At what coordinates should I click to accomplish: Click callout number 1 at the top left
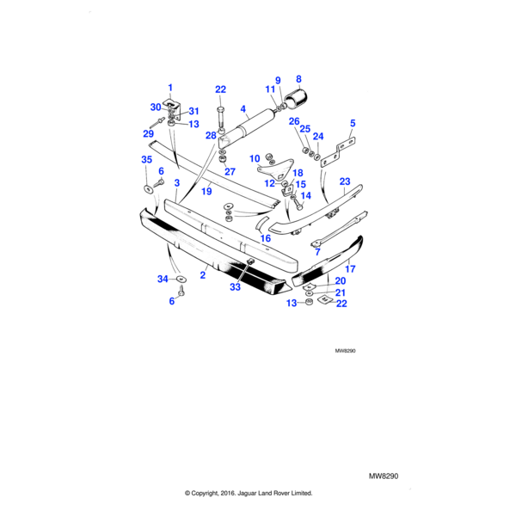click(x=170, y=88)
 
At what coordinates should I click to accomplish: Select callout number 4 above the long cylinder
click(x=244, y=109)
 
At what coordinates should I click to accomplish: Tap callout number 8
click(x=298, y=78)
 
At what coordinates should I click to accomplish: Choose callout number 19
click(x=206, y=193)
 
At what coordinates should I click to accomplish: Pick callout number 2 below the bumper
click(x=203, y=275)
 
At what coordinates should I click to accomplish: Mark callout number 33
click(x=235, y=288)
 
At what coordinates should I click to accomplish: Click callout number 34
click(x=163, y=279)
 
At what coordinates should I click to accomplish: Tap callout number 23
click(x=345, y=181)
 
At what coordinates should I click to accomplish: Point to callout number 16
click(x=266, y=238)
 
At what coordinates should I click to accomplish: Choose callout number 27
click(x=230, y=171)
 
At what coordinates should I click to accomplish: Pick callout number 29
click(x=148, y=133)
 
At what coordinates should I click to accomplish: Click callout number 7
click(x=317, y=252)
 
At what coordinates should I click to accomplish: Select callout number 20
click(x=341, y=281)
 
